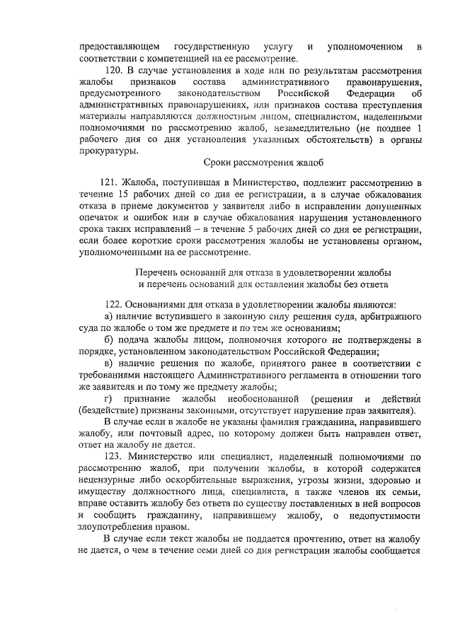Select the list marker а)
click(x=109, y=316)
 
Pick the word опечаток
click(x=105, y=218)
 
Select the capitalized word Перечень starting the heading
click(x=157, y=272)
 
